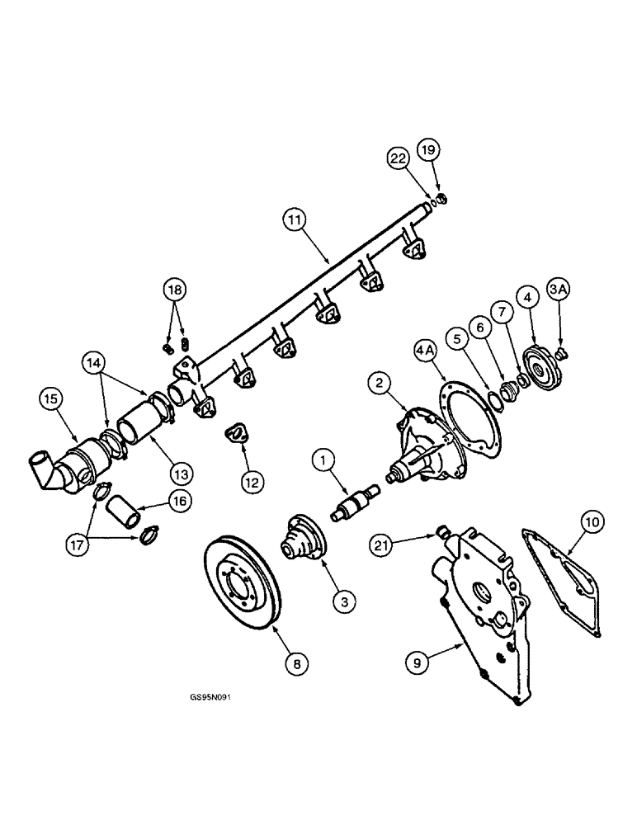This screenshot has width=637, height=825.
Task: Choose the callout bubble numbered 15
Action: [x=51, y=399]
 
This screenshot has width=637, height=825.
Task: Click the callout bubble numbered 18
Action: [x=175, y=290]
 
